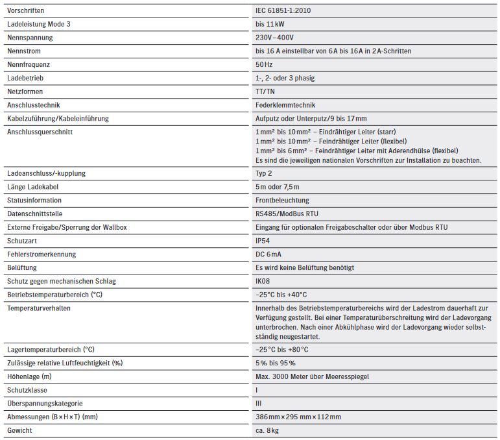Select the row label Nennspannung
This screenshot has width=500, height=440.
coord(30,38)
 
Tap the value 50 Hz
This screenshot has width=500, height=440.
coord(264,65)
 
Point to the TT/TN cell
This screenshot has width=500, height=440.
coord(266,92)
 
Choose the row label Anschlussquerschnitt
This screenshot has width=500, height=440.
coord(40,132)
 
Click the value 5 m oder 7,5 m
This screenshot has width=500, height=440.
coord(278,187)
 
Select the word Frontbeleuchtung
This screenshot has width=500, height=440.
coord(283,201)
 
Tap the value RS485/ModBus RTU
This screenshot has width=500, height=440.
coord(287,214)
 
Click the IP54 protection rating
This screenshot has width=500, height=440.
coord(263,241)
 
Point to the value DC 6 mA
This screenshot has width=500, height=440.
coord(269,254)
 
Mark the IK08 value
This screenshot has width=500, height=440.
coord(263,281)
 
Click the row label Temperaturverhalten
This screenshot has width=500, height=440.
coord(39,308)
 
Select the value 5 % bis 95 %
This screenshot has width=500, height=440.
coord(276,363)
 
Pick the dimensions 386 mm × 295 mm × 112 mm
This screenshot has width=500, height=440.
coord(299,417)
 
